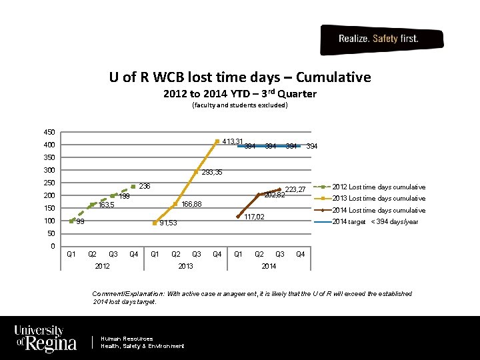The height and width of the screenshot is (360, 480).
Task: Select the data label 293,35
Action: pos(211,173)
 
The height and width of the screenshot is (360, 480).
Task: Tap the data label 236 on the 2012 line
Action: pos(144,186)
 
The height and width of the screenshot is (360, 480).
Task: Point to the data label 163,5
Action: pos(107,205)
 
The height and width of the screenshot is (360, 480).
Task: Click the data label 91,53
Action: pos(167,223)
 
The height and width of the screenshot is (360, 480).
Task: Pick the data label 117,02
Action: pos(254,217)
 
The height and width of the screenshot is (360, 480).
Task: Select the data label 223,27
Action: pos(295,190)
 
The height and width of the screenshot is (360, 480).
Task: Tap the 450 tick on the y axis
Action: pos(49,132)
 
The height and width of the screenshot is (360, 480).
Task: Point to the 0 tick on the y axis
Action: pos(53,247)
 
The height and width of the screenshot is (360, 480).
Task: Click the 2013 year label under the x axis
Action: pos(185,266)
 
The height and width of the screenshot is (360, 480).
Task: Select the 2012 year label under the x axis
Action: pos(102,266)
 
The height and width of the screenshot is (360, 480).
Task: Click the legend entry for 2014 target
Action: pos(375,222)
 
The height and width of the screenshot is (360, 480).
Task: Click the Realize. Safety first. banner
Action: pos(379,39)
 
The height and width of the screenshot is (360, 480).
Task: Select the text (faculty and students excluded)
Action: pos(239,105)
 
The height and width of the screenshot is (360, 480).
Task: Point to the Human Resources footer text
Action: pos(127,339)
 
